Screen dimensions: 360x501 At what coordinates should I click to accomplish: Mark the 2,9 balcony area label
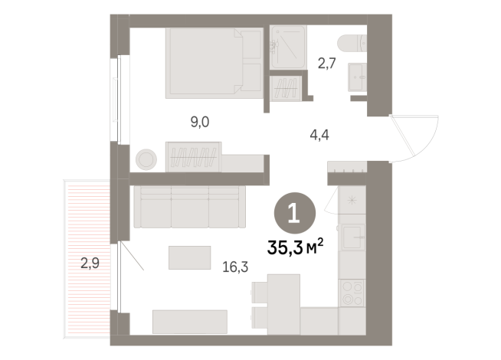point(90,265)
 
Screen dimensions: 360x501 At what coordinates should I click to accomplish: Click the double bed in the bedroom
point(214,63)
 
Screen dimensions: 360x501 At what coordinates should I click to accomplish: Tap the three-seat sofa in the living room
point(188,207)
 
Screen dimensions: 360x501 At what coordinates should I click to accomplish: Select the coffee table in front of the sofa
point(190,257)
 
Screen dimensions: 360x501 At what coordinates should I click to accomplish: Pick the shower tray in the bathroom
point(287,48)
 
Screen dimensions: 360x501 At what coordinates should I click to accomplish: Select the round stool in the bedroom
point(146,159)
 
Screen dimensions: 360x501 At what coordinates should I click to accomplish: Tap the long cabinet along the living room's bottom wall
point(190,321)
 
